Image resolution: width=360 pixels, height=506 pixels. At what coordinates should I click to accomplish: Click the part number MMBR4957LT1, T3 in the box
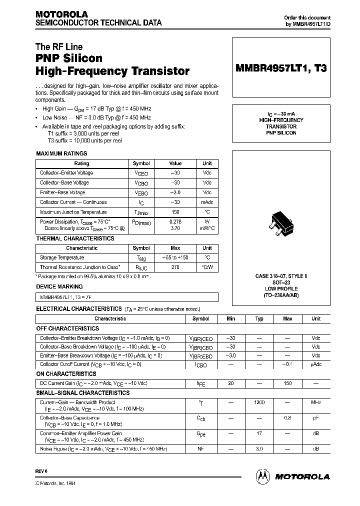pyautogui.click(x=280, y=69)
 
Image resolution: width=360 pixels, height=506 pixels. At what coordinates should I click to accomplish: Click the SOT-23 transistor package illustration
pyautogui.click(x=280, y=221)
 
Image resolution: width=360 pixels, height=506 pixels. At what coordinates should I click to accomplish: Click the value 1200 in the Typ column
pyautogui.click(x=259, y=402)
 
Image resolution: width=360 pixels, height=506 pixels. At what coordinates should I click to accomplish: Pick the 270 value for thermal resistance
pyautogui.click(x=175, y=267)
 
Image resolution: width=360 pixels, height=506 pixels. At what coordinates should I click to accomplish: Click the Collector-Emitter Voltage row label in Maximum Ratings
pyautogui.click(x=66, y=173)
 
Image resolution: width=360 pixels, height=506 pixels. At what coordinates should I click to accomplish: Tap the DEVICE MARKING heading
pyautogui.click(x=57, y=286)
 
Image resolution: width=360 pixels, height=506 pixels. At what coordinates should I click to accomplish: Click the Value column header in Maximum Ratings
pyautogui.click(x=175, y=163)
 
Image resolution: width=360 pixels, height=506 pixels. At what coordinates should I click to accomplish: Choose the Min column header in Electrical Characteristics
pyautogui.click(x=230, y=318)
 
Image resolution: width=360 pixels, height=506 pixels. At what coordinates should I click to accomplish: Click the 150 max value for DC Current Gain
pyautogui.click(x=288, y=383)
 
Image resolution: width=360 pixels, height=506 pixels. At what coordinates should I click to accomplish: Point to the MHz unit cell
pyautogui.click(x=316, y=402)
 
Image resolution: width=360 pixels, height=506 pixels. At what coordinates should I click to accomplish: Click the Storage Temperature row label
pyautogui.click(x=62, y=257)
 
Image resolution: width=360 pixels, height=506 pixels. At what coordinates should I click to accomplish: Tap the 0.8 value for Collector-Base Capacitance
pyautogui.click(x=288, y=417)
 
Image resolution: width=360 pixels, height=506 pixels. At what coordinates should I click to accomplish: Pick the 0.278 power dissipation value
pyautogui.click(x=175, y=221)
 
